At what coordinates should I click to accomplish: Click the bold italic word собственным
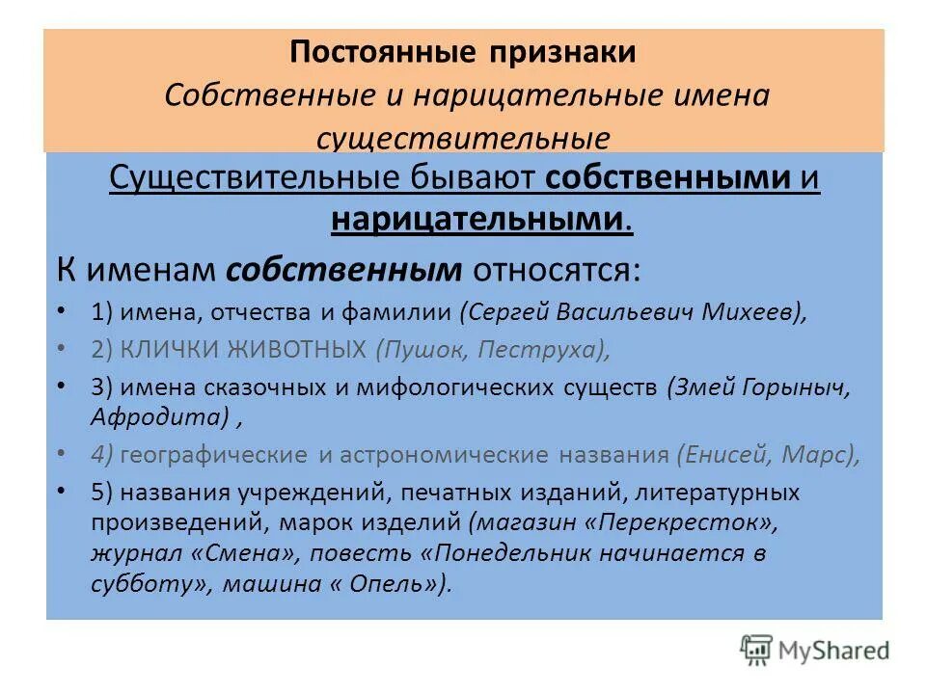343,270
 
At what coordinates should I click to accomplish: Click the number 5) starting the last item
103,494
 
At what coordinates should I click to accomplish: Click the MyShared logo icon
756,650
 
